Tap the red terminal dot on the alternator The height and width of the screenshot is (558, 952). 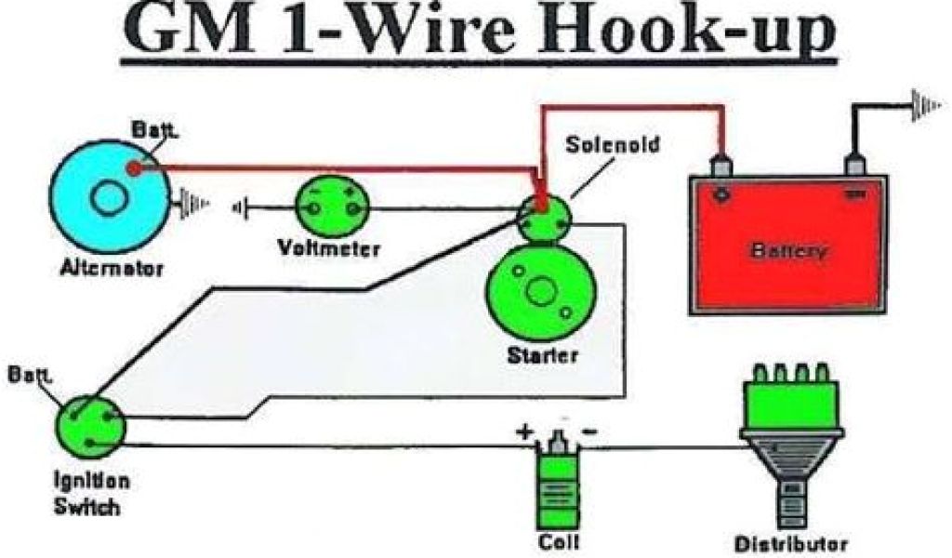pos(134,169)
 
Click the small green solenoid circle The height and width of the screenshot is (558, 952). pos(545,215)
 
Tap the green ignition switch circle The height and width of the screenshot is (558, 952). pos(89,426)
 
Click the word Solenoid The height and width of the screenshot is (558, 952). pos(614,145)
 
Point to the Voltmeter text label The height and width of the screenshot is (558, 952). pos(329,248)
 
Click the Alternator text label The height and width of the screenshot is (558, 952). pos(112,269)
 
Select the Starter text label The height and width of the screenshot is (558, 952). pos(543,354)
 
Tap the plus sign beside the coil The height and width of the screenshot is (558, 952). pos(526,432)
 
